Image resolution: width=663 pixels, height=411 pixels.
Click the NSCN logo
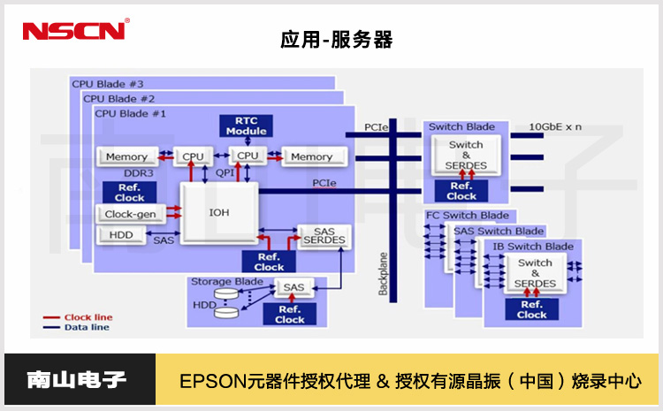(75, 30)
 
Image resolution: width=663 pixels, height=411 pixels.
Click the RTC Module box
(246, 126)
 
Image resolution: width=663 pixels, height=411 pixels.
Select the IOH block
(218, 213)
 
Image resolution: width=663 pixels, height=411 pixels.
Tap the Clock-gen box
(130, 213)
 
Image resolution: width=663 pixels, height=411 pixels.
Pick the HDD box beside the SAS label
(121, 235)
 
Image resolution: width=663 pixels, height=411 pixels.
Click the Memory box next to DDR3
(126, 156)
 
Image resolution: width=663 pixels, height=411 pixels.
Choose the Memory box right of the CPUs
(311, 156)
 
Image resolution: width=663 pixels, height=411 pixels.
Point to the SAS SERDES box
(324, 237)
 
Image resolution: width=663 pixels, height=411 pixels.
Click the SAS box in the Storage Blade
(293, 287)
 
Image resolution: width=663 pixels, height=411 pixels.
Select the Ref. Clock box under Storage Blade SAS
(290, 314)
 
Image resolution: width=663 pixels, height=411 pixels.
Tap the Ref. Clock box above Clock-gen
(129, 192)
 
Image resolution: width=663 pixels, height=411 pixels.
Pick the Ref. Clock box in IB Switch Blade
(532, 308)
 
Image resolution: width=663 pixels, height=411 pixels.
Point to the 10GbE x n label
(555, 126)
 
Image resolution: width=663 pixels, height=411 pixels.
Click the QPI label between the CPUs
(225, 174)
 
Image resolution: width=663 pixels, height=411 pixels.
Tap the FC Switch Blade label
(468, 216)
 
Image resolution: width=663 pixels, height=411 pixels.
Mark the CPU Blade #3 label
(107, 84)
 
